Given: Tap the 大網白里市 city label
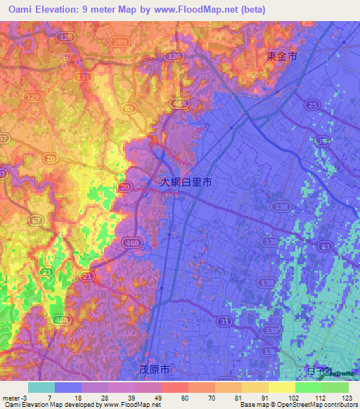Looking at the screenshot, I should (x=186, y=181).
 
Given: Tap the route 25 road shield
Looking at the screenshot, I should (x=311, y=104).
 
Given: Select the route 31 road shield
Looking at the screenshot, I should (x=223, y=321).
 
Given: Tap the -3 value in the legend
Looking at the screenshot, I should (x=25, y=397).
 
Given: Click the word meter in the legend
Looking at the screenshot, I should (x=11, y=397).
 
